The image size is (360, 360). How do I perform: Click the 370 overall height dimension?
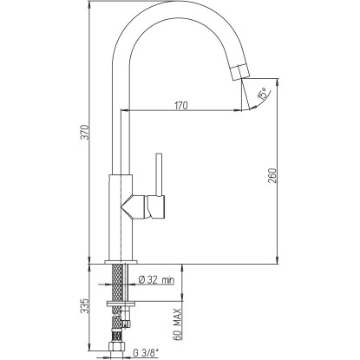click(84, 132)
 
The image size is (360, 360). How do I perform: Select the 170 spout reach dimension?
click(181, 106)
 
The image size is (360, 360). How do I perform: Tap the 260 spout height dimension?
click(272, 175)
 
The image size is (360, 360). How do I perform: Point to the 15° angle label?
click(262, 95)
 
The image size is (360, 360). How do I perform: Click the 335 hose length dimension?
click(84, 306)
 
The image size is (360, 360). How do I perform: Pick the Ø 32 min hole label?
click(157, 279)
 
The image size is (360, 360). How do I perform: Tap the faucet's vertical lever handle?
click(160, 174)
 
